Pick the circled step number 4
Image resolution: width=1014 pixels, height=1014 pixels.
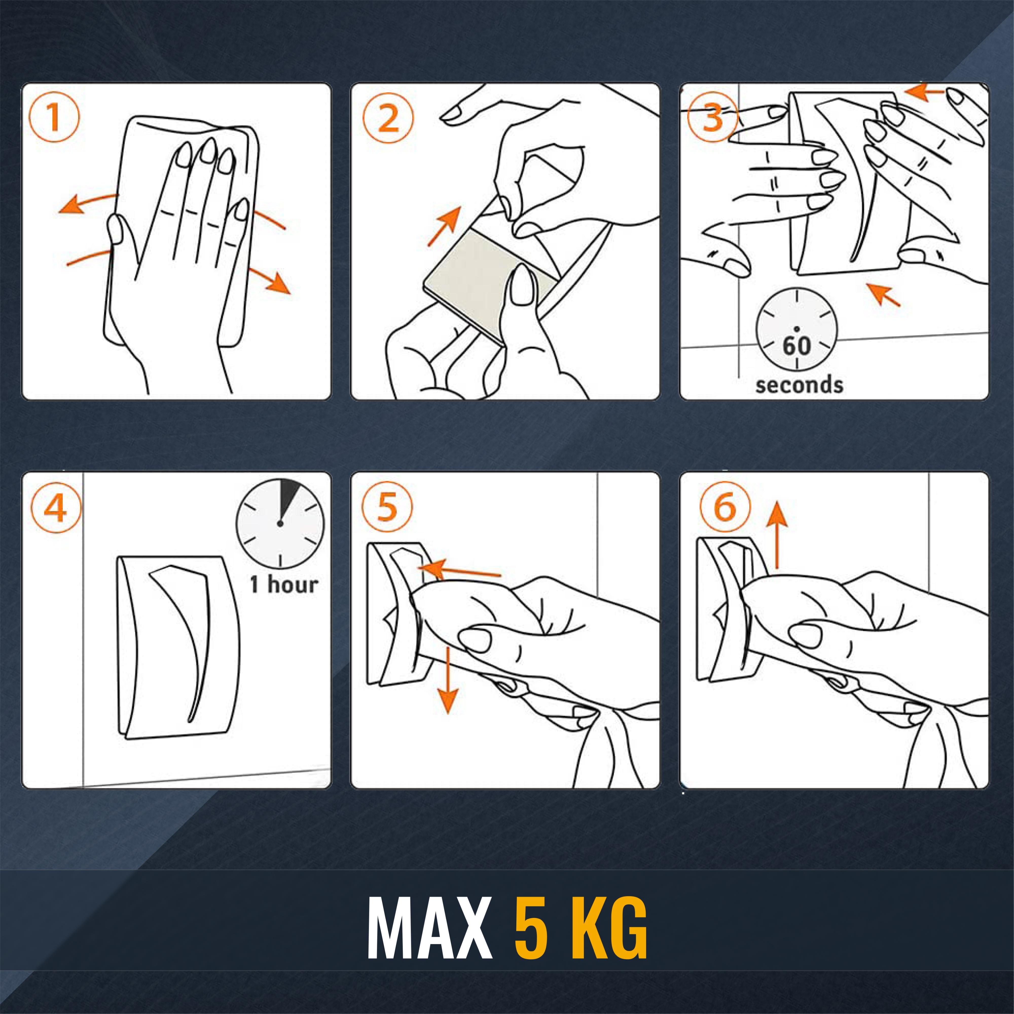click(56, 508)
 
